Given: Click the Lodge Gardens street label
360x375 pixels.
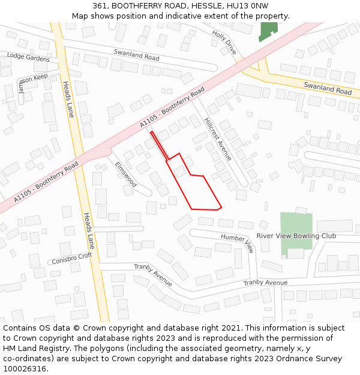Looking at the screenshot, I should click(x=28, y=57).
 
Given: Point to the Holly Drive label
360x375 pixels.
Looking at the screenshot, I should click(x=224, y=43).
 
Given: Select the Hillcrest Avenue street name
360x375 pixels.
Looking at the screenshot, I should click(x=218, y=139).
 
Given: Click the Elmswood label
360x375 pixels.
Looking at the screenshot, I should click(x=126, y=174).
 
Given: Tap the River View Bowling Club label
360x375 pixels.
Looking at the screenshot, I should click(x=296, y=236).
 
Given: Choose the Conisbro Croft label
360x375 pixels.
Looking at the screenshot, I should click(x=72, y=259).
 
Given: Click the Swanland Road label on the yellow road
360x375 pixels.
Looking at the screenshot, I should click(x=328, y=88).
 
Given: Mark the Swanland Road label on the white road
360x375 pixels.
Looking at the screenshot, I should click(x=137, y=56).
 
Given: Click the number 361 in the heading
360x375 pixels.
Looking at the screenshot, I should click(x=100, y=6).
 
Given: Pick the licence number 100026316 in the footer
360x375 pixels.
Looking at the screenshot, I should click(x=24, y=369).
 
